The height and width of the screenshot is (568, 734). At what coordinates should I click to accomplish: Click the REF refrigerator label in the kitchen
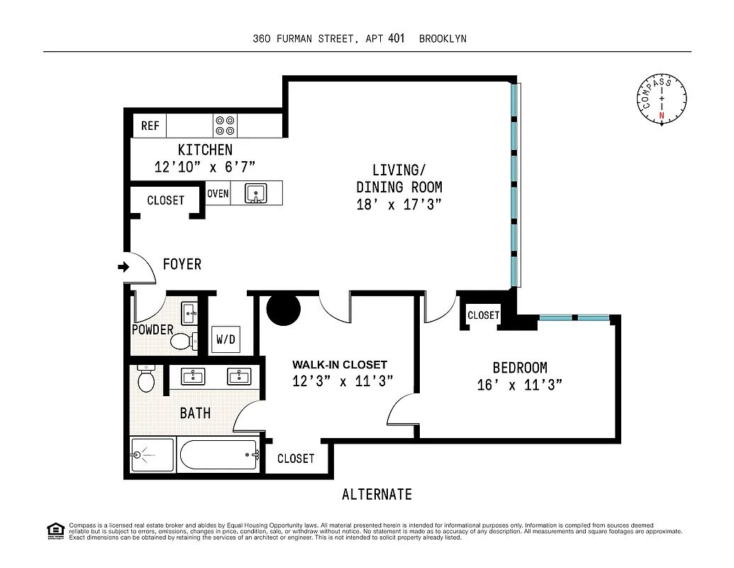coord(150,126)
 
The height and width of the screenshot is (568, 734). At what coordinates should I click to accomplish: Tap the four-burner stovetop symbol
coord(226,126)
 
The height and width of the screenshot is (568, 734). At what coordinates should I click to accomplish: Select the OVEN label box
coord(218,193)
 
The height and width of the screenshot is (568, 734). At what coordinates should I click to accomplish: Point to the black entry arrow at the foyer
coord(123,267)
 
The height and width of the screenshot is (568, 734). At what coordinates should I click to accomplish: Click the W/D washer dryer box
coord(226,339)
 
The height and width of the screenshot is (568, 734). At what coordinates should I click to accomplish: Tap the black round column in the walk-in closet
coord(284,308)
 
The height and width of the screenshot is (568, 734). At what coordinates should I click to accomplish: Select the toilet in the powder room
coord(183,342)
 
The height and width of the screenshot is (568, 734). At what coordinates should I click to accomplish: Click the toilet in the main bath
coord(147,381)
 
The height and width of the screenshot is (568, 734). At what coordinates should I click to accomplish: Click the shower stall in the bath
coord(152,455)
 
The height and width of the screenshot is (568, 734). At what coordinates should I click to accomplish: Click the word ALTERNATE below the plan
coord(377,494)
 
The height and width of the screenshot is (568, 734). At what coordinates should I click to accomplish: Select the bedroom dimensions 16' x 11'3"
coord(520,385)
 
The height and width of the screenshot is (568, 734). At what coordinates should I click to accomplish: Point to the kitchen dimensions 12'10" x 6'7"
coord(204,167)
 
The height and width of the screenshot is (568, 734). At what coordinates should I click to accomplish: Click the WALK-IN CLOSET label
coord(340,365)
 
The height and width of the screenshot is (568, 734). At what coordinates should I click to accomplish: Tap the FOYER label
coord(182,264)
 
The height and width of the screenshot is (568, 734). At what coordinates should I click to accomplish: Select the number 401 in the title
coord(396,39)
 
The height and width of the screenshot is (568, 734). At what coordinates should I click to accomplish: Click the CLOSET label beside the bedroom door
coord(484,315)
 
